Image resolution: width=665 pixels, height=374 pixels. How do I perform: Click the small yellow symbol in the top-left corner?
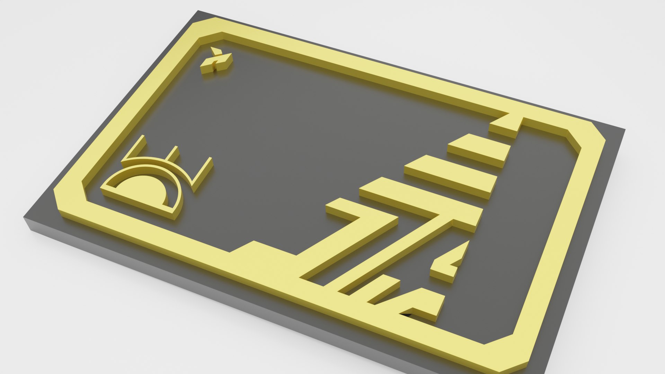tap(216, 62)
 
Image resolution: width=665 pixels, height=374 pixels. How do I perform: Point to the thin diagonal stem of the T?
tap(391, 253)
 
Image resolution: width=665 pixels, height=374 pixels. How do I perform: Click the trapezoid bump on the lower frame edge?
tap(263, 255)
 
